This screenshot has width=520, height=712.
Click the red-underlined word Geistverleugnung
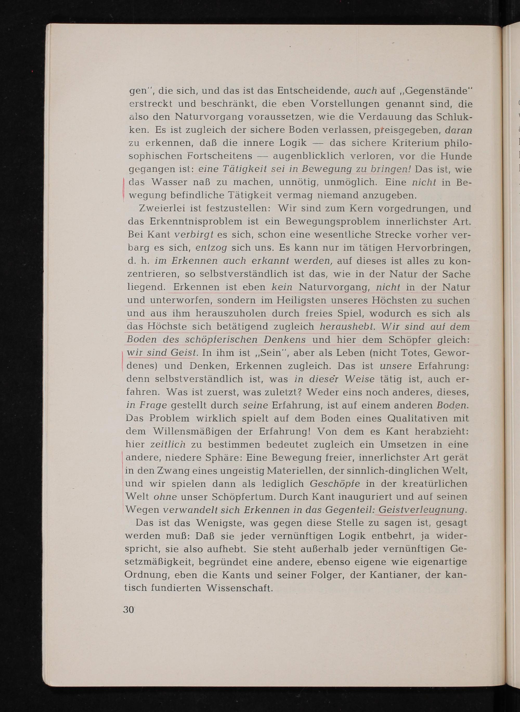[422, 510]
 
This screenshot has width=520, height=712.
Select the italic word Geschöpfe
[335, 483]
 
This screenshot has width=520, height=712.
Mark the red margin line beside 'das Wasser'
[124, 189]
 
